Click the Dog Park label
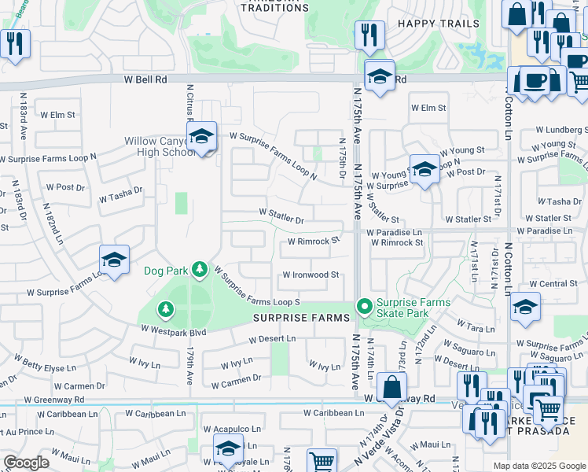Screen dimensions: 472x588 tap(166, 271)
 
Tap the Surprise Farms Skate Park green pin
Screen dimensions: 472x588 tap(364, 305)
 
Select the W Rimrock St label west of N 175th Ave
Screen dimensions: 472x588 tap(313, 242)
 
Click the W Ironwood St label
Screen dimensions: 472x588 tap(311, 275)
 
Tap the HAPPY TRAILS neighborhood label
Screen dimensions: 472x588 tap(439, 24)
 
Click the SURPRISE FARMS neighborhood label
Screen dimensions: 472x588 tap(301, 318)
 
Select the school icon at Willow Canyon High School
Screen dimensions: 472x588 tap(202, 137)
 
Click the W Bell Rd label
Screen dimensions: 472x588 tap(145, 79)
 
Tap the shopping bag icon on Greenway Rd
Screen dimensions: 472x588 tap(391, 388)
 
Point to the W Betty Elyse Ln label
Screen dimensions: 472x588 tap(49, 367)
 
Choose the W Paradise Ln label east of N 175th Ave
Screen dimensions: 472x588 tap(396, 232)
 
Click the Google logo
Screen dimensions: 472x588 tap(26, 463)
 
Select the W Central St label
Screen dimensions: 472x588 tap(553, 283)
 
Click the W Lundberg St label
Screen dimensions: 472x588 tap(561, 129)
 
